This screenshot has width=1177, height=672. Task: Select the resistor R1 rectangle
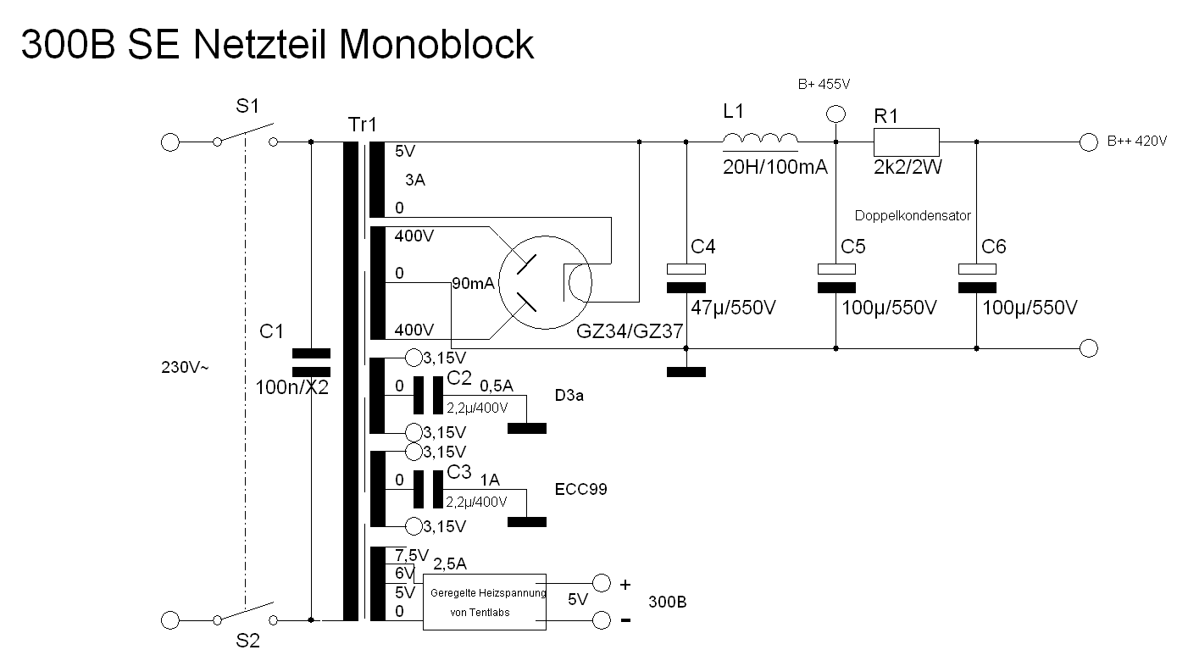pyautogui.click(x=906, y=142)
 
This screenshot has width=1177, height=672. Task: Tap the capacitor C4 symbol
pyautogui.click(x=686, y=278)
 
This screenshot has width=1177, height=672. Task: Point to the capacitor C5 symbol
pyautogui.click(x=836, y=278)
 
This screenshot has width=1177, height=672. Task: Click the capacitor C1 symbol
pyautogui.click(x=310, y=362)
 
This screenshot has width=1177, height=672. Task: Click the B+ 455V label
pyautogui.click(x=824, y=85)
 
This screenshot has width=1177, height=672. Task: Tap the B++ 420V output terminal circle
pyautogui.click(x=1089, y=142)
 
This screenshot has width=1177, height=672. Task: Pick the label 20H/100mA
pyautogui.click(x=774, y=168)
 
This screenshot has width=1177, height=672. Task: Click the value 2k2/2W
pyautogui.click(x=908, y=168)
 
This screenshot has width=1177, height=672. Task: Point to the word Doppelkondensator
pyautogui.click(x=912, y=216)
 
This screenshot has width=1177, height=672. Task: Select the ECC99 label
pyautogui.click(x=580, y=490)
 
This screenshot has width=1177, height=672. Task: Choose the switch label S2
pyautogui.click(x=247, y=641)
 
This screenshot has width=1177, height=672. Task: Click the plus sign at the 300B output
pyautogui.click(x=625, y=584)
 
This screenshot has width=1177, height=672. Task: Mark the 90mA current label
pyautogui.click(x=473, y=283)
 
